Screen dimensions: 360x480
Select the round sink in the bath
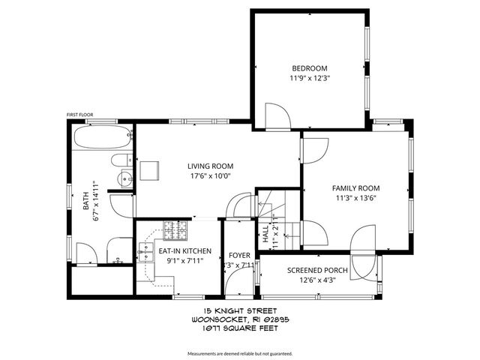(x=125, y=178)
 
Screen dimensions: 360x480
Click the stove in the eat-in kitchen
(x=174, y=229)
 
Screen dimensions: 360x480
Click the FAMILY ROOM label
(x=356, y=188)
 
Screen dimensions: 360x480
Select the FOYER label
(x=239, y=255)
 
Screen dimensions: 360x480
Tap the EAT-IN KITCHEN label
(x=184, y=251)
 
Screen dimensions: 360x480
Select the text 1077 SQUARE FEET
(x=239, y=327)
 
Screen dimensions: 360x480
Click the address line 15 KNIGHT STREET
(x=239, y=310)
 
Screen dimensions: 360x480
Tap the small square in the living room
(x=150, y=170)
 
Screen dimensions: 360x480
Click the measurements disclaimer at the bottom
(x=239, y=352)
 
